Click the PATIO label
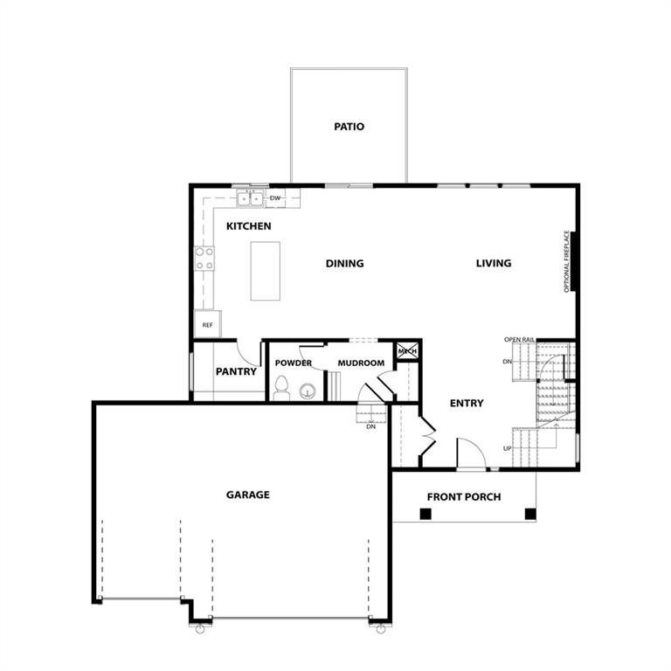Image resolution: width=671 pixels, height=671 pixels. (x=349, y=127)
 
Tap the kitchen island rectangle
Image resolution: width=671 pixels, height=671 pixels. (x=266, y=271)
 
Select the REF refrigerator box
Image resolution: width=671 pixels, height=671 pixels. (x=208, y=324)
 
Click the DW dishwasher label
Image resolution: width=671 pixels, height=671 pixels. (x=275, y=198)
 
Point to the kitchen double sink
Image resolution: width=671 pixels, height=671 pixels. (x=251, y=199)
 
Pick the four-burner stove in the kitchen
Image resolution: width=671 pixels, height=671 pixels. (x=204, y=259)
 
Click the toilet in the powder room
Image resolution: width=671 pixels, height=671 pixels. (x=281, y=388)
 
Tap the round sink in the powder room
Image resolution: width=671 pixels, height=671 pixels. (x=308, y=391)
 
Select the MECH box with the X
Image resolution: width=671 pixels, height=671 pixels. (x=407, y=351)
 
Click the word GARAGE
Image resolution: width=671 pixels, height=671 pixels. (x=248, y=495)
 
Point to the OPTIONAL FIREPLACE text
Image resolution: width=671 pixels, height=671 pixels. (x=566, y=261)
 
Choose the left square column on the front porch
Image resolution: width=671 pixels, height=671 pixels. (x=425, y=514)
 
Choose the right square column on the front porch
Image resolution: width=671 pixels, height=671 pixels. (x=530, y=514)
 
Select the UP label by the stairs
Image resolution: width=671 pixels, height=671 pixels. (x=507, y=448)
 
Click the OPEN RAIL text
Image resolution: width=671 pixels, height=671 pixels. (x=519, y=339)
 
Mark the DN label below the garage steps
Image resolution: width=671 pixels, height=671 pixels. (x=370, y=426)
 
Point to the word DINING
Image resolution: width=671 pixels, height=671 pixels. (x=344, y=264)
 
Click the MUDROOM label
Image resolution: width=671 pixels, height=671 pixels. (x=361, y=363)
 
